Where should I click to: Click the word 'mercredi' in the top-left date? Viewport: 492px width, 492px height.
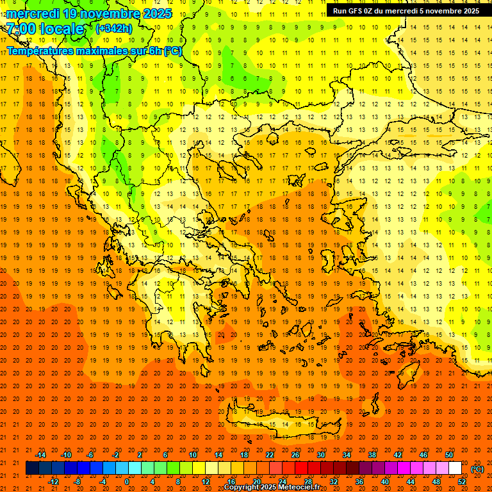[33, 13]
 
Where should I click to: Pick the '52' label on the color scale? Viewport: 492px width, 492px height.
[461, 482]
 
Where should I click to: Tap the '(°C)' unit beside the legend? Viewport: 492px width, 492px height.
[477, 469]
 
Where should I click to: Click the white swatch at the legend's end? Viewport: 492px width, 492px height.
[455, 468]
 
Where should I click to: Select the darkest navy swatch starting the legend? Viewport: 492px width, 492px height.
[32, 468]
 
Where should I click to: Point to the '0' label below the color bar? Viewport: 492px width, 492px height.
[127, 482]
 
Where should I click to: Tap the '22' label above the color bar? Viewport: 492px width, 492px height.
[270, 455]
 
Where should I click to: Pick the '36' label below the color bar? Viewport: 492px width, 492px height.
[359, 482]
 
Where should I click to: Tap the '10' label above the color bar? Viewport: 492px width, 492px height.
[193, 455]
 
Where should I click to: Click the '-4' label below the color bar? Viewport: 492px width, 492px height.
[102, 482]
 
